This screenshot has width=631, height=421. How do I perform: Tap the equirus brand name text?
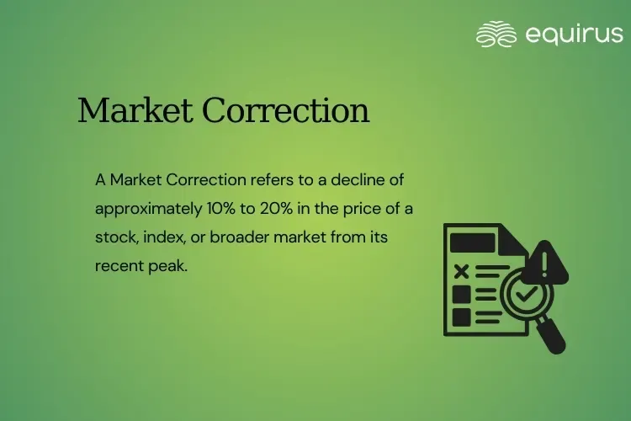pos(574,34)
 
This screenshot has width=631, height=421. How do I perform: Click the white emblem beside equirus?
pos(496,34)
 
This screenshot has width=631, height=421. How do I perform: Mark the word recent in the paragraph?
pos(117,265)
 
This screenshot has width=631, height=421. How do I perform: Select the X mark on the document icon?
pos(461,270)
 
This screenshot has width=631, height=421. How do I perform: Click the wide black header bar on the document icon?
pos(475,242)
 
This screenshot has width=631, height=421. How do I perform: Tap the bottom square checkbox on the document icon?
pos(461,317)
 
